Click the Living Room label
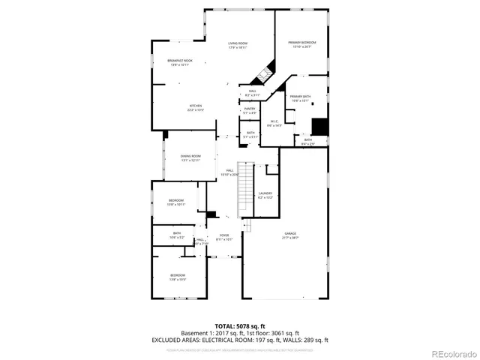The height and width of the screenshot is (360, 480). pyautogui.click(x=238, y=45)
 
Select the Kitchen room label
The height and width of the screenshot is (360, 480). pyautogui.click(x=196, y=107)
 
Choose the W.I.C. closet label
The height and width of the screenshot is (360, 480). pyautogui.click(x=274, y=124)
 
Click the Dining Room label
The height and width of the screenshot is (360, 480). pyautogui.click(x=190, y=157)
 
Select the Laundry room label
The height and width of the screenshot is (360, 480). pyautogui.click(x=265, y=195)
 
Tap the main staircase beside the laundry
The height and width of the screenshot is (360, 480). pyautogui.click(x=245, y=187)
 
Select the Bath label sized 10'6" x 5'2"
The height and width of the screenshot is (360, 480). pyautogui.click(x=177, y=235)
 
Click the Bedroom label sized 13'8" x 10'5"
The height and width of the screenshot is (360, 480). pyautogui.click(x=177, y=276)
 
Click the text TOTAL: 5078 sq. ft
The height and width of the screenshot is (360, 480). pyautogui.click(x=239, y=326)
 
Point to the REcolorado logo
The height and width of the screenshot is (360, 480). pyautogui.click(x=448, y=353)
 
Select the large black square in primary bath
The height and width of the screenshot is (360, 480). pyautogui.click(x=320, y=126)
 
